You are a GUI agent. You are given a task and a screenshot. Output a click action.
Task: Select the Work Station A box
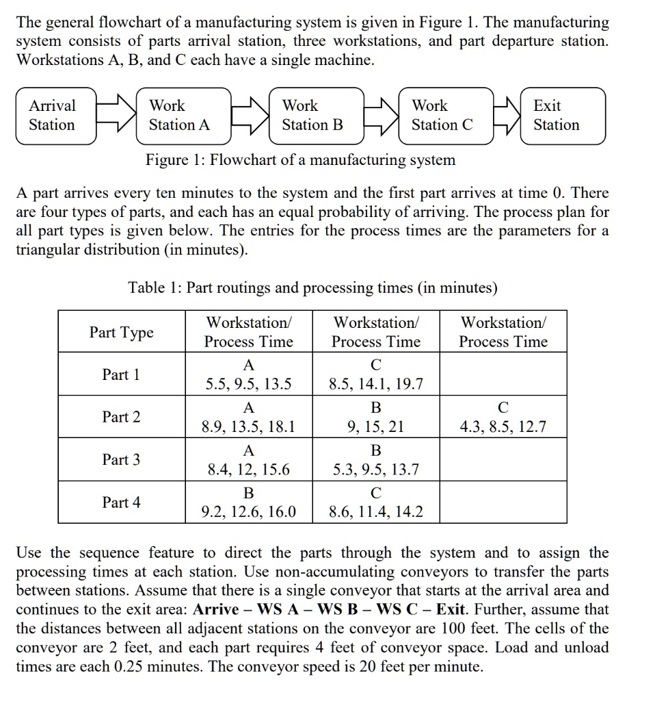(180, 116)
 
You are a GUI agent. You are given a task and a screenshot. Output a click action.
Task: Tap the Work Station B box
(313, 116)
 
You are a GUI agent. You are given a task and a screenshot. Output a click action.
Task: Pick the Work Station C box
(442, 116)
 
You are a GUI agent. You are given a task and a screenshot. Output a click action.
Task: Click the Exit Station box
(562, 116)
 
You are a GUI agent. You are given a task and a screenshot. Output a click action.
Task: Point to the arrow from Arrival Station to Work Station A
(116, 116)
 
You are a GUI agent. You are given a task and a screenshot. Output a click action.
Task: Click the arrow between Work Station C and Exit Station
(506, 116)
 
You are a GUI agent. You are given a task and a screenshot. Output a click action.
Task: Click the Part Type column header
(122, 333)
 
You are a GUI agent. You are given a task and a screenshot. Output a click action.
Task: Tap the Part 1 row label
(121, 375)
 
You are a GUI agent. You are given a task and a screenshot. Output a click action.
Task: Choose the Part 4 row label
(121, 502)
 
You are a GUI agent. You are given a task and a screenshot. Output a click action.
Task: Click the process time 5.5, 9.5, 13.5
(249, 385)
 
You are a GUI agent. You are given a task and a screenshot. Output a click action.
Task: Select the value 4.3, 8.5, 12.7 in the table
(503, 428)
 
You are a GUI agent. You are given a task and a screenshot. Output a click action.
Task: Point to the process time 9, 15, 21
(375, 428)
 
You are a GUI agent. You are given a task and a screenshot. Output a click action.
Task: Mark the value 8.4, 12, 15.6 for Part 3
(249, 470)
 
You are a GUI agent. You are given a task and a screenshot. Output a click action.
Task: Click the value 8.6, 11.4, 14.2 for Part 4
(375, 512)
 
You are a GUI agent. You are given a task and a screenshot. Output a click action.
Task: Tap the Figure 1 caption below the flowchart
(300, 161)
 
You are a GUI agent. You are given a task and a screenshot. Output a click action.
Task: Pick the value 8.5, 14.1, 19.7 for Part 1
(375, 385)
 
